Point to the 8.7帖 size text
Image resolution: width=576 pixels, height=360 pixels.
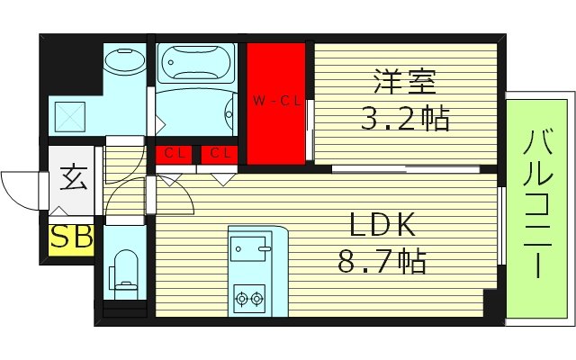381,263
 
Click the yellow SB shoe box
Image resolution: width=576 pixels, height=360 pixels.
71,238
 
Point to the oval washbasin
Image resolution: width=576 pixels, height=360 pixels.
120,62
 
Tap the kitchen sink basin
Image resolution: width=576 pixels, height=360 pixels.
251,243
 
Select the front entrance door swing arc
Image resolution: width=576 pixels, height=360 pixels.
20,184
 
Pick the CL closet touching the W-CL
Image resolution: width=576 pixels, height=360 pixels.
219,154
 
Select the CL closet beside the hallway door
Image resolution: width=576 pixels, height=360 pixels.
175,154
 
